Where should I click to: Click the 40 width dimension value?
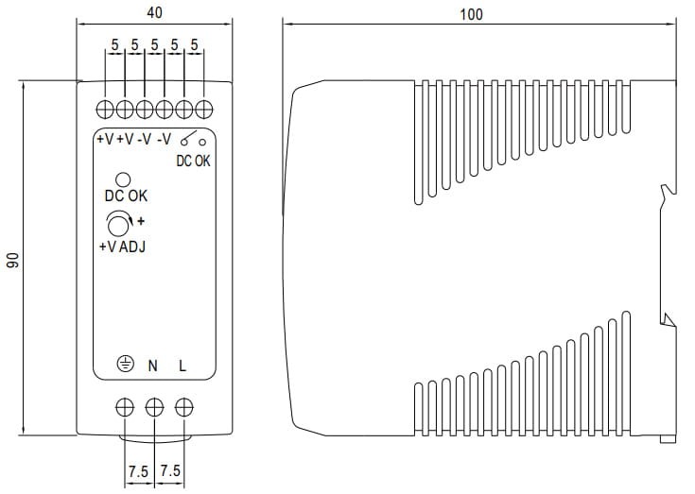(x=152, y=14)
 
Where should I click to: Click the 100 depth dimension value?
(x=471, y=14)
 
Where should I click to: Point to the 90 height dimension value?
(x=14, y=262)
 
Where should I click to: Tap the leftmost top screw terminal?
(x=105, y=107)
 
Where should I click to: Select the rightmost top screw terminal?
(x=201, y=107)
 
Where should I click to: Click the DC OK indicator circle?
(x=123, y=179)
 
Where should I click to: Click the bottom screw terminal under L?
(x=183, y=407)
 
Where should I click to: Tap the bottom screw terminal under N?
(x=153, y=407)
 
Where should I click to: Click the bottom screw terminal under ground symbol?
(x=123, y=407)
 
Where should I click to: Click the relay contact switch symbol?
(x=193, y=139)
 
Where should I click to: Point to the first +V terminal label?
(x=104, y=140)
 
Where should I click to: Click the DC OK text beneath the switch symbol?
(x=193, y=161)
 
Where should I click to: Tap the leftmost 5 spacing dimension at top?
(x=114, y=44)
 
